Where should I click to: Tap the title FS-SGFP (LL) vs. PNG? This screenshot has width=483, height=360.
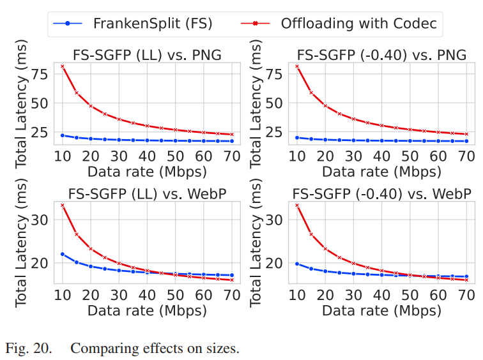point(147,55)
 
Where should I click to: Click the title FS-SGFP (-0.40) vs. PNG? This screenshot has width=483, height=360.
point(381,55)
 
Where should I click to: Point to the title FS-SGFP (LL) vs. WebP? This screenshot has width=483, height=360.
point(147,194)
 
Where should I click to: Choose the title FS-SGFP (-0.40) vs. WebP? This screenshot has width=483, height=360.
point(381,194)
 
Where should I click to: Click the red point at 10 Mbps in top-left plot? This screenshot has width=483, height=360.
point(63,66)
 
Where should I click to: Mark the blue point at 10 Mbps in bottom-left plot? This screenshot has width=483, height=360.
point(63,254)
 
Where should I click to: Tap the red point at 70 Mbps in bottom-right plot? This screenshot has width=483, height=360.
point(466,280)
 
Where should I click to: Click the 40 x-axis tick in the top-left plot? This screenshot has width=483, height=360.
point(147,156)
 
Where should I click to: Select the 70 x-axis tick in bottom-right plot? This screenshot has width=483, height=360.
point(466,296)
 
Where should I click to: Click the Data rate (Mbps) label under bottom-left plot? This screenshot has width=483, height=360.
point(147,311)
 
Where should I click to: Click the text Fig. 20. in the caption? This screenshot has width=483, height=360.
point(26,349)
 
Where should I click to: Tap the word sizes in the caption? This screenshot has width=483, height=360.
point(224,349)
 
